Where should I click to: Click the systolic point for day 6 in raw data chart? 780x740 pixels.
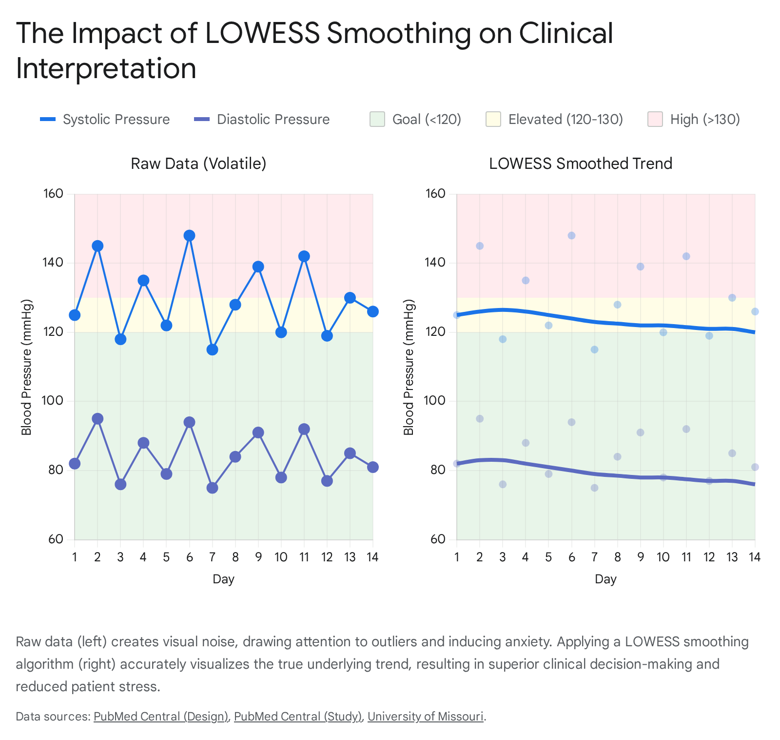189,235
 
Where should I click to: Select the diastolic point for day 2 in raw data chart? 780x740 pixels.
97,419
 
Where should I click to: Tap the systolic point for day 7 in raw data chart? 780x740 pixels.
212,349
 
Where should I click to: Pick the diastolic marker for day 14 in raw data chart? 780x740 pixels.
373,467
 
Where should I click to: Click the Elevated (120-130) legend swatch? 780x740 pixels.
493,119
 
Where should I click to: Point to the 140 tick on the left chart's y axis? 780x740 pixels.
54,263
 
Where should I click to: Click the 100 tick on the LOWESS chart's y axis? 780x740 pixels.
436,401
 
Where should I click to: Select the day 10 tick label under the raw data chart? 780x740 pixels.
281,557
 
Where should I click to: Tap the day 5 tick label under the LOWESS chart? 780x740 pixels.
548,557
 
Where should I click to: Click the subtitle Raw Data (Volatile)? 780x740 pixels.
198,164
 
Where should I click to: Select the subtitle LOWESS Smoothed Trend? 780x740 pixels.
581,164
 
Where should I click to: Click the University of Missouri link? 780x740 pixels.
426,717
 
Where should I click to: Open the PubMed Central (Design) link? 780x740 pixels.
161,717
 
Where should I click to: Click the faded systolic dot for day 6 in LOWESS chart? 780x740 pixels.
571,235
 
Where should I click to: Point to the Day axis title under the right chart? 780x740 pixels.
605,579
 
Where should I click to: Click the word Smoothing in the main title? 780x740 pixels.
399,33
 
